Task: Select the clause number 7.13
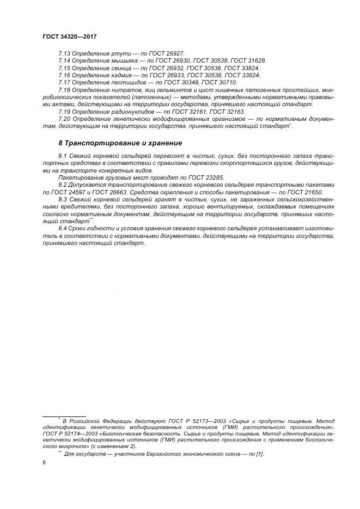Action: coord(64,53)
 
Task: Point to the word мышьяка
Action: coord(113,60)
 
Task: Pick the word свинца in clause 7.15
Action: coord(111,68)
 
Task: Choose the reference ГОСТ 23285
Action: coord(205,178)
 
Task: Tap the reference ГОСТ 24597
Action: coord(74,192)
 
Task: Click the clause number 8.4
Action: coord(64,229)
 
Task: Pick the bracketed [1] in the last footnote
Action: coord(259,454)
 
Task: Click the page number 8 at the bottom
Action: coord(44,463)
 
